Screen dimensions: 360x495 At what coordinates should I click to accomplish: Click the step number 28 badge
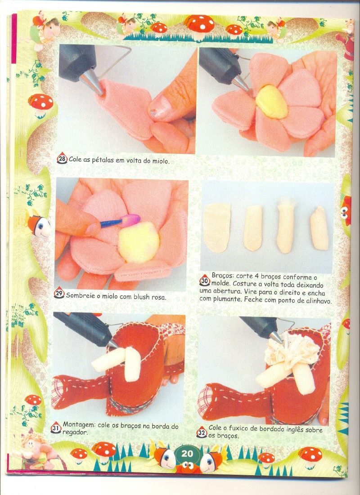pyautogui.click(x=62, y=159)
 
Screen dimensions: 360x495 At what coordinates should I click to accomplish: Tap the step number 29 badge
pyautogui.click(x=59, y=293)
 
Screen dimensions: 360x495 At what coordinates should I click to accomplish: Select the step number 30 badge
pyautogui.click(x=204, y=281)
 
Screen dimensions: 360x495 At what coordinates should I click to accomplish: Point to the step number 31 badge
pyautogui.click(x=56, y=428)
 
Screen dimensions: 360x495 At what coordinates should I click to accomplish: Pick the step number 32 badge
pyautogui.click(x=202, y=432)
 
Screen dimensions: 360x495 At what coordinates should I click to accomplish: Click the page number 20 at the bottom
pyautogui.click(x=187, y=454)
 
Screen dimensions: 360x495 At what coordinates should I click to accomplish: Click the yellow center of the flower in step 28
pyautogui.click(x=271, y=102)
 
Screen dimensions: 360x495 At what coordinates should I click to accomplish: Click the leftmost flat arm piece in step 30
pyautogui.click(x=216, y=227)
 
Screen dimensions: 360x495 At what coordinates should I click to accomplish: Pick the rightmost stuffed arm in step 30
pyautogui.click(x=319, y=228)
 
